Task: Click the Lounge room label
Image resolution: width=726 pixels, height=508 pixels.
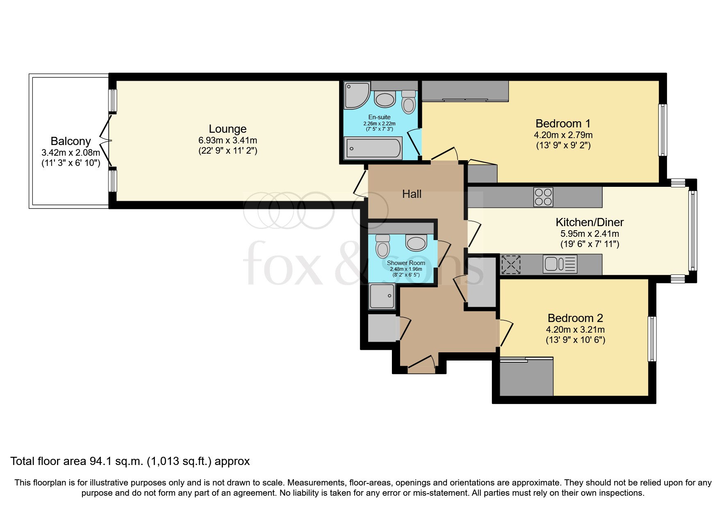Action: coord(228,129)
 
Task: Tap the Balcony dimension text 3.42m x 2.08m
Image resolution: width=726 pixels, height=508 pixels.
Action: coord(71,153)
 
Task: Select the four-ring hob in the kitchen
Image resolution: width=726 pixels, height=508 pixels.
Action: coord(543,197)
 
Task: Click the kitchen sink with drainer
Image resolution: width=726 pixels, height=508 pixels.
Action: coord(560,264)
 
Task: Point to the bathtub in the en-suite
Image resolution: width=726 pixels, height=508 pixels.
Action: coord(373,148)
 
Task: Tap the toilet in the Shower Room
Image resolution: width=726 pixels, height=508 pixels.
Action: coord(382,246)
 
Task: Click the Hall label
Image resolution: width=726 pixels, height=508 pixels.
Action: coord(412,194)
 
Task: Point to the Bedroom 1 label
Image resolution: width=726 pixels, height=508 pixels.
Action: coord(563,123)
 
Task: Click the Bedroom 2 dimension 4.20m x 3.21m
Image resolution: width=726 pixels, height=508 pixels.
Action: coord(575,329)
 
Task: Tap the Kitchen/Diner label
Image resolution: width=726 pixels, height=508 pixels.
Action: coord(589,222)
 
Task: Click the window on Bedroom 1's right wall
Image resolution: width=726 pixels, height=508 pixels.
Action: coord(662,130)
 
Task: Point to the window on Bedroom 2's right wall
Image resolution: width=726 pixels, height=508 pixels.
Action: coord(651,339)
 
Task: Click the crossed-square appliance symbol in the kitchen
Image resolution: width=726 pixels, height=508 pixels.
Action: coord(511,264)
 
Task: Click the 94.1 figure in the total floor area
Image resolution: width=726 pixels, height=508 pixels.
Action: coord(99,461)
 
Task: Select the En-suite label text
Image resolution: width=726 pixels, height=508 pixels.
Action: coord(379,117)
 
